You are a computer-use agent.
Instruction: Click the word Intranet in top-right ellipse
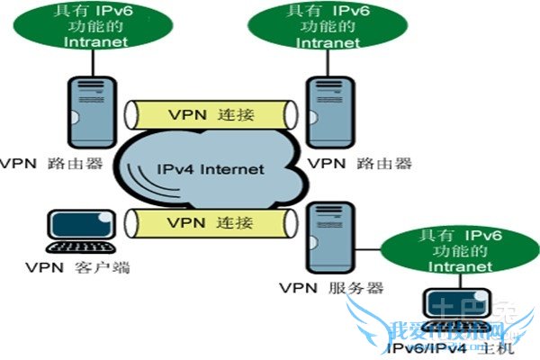(321, 40)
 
